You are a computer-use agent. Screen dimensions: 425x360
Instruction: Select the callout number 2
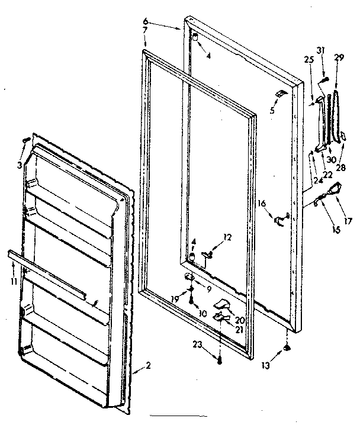148,365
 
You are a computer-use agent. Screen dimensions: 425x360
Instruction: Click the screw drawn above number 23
220,359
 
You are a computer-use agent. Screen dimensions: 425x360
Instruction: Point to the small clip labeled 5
281,94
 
